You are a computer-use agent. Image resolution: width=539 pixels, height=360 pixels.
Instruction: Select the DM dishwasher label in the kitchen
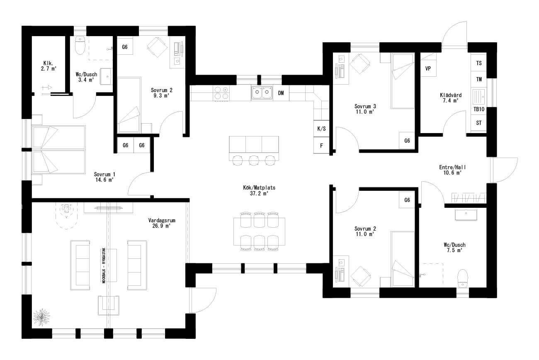coord(281,93)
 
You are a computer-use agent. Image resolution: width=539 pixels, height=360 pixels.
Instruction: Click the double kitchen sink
coord(262,92)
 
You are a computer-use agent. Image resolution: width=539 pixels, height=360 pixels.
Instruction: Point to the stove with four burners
coord(221,92)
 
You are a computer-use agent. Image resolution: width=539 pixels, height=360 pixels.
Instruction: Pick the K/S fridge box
coord(321,129)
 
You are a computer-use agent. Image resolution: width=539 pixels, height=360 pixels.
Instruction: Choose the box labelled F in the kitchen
coord(321,145)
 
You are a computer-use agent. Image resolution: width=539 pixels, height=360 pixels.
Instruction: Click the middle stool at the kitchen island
coord(254,160)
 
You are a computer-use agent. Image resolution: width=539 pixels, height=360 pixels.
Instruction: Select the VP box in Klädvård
coord(428,68)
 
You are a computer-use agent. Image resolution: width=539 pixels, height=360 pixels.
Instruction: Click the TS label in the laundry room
coord(479,63)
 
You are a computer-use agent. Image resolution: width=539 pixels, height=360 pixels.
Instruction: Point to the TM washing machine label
coord(479,79)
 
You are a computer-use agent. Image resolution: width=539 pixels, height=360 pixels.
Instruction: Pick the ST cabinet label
coord(479,123)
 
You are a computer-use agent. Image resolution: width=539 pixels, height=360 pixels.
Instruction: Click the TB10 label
coord(479,109)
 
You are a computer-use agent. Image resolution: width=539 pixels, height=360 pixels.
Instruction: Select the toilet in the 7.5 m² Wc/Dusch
coord(462,278)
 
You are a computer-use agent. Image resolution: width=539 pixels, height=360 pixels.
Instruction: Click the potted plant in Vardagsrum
coord(41,317)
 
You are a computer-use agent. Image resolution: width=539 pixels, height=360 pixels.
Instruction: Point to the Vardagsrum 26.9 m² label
coord(160,223)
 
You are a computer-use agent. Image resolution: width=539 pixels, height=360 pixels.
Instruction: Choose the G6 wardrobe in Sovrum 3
coord(407,141)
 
